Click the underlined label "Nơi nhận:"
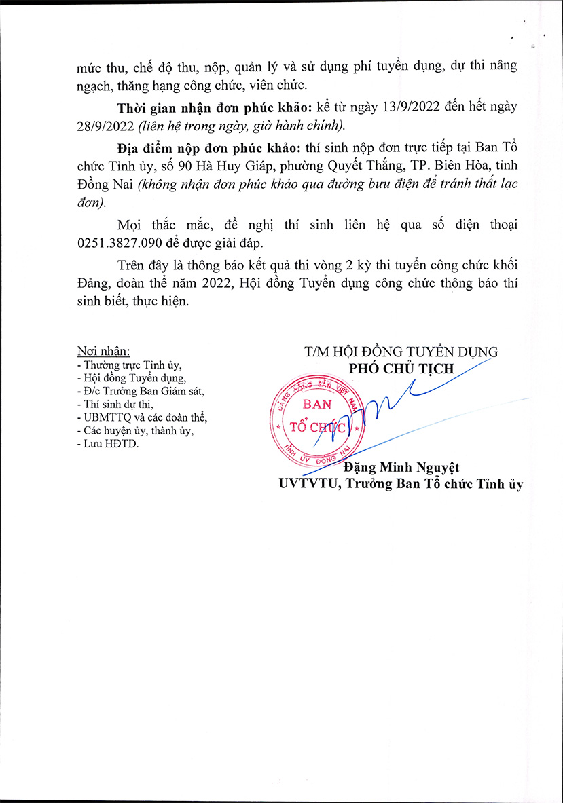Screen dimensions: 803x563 (104, 352)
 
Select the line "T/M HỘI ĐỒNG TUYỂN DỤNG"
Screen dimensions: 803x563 (401, 352)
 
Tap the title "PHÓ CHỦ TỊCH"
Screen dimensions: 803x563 (401, 368)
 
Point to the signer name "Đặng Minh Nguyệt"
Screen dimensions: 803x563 (401, 468)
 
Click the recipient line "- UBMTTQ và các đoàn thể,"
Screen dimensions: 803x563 (142, 417)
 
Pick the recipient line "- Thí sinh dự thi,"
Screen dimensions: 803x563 (115, 405)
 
